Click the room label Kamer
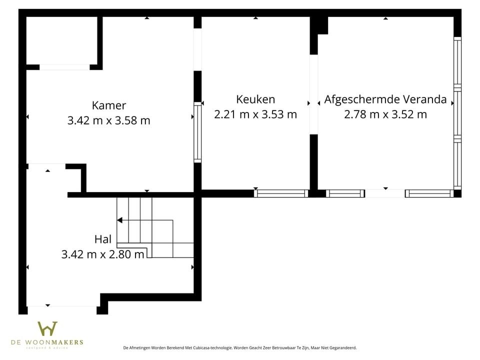tap(109, 105)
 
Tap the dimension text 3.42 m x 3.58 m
tap(108, 120)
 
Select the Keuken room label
tap(255, 99)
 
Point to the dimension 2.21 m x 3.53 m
tap(255, 114)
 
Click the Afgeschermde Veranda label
tap(385, 99)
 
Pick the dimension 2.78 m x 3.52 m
tap(385, 114)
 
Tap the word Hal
tap(103, 239)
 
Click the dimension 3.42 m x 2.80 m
tap(103, 254)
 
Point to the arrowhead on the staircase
tap(119, 220)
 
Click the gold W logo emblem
tap(47, 329)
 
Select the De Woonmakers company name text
tap(47, 342)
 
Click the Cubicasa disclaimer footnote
tap(239, 347)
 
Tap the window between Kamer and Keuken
tap(197, 132)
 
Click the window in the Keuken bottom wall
tap(281, 193)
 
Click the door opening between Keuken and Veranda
tap(314, 94)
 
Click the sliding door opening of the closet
tap(64, 67)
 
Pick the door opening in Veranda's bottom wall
tap(385, 193)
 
